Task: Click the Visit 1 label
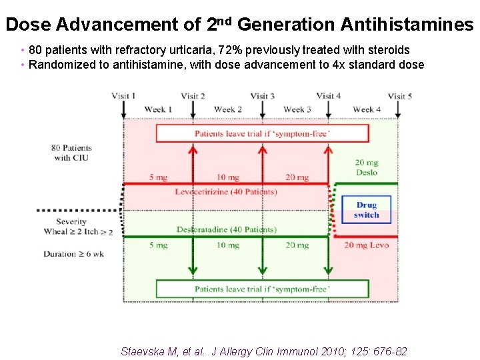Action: click(x=123, y=96)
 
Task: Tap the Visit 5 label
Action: click(x=400, y=96)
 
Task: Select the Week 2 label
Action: click(x=228, y=109)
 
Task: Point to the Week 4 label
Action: click(x=367, y=109)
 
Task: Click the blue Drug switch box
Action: click(x=367, y=210)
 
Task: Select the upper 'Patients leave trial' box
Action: click(x=262, y=133)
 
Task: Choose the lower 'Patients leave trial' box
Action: click(x=262, y=289)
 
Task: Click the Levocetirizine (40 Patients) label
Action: click(x=226, y=192)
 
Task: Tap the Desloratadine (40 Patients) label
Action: click(x=227, y=229)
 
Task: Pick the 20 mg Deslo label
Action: click(x=367, y=167)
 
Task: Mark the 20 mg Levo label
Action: click(x=367, y=245)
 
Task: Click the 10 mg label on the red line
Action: click(x=228, y=177)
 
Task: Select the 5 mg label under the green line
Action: click(x=159, y=245)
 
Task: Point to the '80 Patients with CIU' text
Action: click(x=72, y=153)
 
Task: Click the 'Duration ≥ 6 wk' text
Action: click(x=74, y=254)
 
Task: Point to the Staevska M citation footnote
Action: click(x=263, y=351)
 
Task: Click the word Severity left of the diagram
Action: click(x=71, y=221)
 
